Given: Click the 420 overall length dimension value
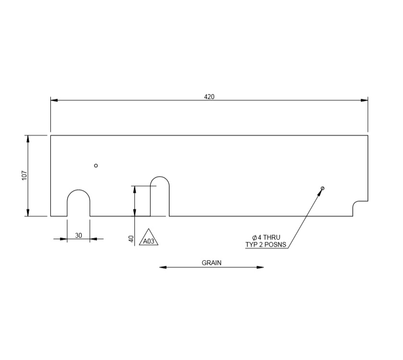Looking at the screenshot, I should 209,96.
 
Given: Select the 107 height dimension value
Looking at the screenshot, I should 24,176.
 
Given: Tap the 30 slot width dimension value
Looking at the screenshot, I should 78,235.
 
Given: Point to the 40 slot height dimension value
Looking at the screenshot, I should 131,239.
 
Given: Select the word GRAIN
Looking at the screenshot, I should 212,263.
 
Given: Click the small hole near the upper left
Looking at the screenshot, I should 96,166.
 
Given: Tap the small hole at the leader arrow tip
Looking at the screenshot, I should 323,188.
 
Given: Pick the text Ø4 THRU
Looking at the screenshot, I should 266,238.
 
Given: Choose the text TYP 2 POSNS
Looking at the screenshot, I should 266,245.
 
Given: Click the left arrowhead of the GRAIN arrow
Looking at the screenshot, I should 163,267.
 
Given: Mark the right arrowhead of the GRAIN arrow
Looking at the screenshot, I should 261,267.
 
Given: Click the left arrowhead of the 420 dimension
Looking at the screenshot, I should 54,100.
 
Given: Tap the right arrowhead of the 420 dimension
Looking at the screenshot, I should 365,100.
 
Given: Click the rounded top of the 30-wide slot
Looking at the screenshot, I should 78,191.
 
